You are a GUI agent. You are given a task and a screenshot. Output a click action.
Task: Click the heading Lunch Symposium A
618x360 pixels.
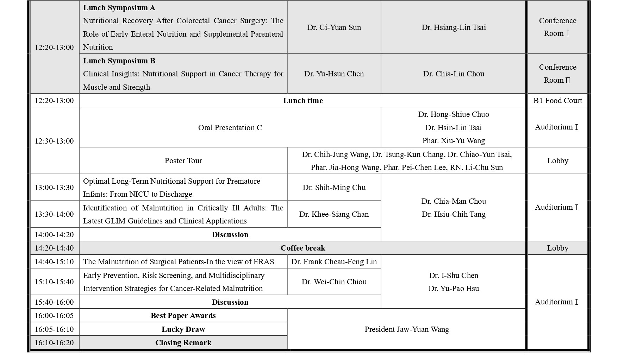pos(119,8)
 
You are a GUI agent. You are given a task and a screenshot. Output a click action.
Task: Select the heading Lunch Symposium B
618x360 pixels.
pos(119,61)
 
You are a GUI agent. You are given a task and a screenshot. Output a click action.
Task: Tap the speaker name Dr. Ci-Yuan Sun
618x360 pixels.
pos(334,27)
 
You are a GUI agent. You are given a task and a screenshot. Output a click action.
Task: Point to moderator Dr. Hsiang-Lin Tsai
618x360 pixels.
pos(454,27)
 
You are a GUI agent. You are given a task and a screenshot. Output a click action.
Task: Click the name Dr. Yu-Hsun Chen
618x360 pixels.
pos(334,74)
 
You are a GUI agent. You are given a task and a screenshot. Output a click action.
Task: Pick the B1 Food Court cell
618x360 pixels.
pos(557,101)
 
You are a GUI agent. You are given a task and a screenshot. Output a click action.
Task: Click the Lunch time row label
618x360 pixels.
pos(302,101)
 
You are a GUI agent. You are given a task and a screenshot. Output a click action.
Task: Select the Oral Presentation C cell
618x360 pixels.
pos(230,128)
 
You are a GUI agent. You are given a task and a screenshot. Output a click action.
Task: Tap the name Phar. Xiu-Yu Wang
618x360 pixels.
pos(454,141)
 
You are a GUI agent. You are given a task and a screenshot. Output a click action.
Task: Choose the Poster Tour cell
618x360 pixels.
pos(183,161)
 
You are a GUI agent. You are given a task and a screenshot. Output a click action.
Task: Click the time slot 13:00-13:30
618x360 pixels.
pos(54,188)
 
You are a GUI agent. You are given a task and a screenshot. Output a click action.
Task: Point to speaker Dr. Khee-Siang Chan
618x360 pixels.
pos(334,214)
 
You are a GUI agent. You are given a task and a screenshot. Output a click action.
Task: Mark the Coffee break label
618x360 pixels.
pos(302,248)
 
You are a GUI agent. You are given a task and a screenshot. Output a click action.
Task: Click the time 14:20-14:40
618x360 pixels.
pos(54,248)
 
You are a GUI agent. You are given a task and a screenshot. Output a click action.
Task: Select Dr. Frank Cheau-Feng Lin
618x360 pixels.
pos(334,262)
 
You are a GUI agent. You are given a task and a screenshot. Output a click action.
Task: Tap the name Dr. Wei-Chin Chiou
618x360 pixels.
pos(334,282)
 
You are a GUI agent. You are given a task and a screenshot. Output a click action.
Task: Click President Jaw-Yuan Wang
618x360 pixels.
pos(406,329)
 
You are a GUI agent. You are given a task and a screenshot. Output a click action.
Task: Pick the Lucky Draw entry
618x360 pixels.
pos(183,329)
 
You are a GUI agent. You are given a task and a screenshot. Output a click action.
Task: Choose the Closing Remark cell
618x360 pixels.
pos(183,343)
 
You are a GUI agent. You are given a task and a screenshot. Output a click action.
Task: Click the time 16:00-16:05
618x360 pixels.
pos(54,316)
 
